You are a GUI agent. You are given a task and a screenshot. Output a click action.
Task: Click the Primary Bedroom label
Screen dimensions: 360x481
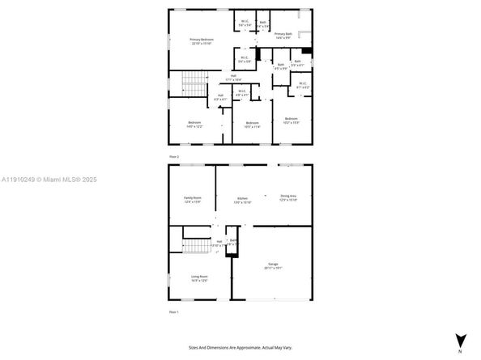202,41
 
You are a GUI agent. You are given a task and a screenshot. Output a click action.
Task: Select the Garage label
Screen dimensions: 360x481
272,266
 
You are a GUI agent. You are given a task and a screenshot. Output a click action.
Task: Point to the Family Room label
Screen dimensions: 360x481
192,199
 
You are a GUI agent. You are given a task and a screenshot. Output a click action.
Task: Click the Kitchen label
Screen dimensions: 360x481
242,200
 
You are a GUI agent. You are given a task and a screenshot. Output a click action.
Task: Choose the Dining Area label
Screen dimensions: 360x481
288,197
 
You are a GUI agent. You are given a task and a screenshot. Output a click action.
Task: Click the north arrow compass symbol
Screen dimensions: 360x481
459,341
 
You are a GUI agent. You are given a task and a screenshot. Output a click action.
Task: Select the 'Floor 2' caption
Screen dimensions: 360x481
173,156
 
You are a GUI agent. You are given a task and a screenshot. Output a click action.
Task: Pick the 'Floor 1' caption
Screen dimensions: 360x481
173,311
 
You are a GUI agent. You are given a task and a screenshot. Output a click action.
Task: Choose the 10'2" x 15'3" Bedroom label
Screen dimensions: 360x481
292,121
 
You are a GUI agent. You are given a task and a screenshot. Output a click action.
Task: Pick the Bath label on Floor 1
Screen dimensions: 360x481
232,243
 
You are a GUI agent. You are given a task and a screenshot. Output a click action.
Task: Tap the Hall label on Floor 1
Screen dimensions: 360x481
219,243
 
